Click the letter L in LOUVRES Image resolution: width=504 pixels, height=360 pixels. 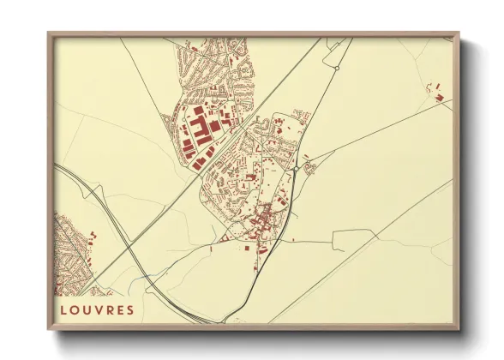click(x=63, y=309)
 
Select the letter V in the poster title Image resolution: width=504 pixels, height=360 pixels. click(x=96, y=309)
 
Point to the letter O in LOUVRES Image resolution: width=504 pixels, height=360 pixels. click(x=74, y=309)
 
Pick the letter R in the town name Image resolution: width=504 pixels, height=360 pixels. click(x=107, y=309)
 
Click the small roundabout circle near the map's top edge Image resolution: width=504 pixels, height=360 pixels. click(x=338, y=66)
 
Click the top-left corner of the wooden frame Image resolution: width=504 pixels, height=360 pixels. click(x=49, y=35)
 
